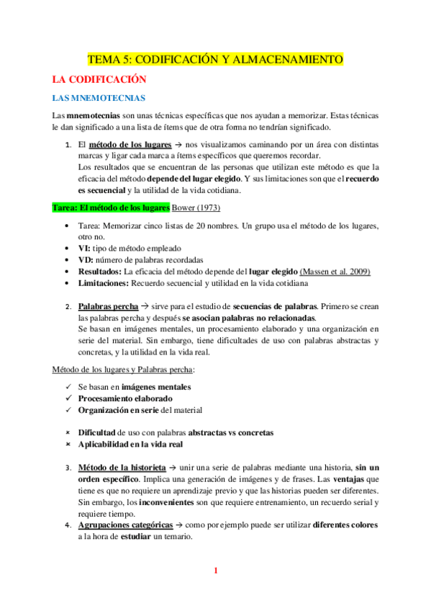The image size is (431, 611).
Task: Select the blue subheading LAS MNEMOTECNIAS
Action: (x=89, y=97)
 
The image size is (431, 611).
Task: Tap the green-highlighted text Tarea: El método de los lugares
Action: (x=111, y=208)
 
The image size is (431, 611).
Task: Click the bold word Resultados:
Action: (x=100, y=271)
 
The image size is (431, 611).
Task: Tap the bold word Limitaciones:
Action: (x=103, y=283)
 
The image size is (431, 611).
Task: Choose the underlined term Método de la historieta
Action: (x=122, y=468)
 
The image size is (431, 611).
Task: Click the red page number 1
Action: (x=215, y=571)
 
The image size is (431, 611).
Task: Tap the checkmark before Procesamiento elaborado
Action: (x=66, y=398)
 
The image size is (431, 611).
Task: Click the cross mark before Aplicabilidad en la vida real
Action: (x=66, y=445)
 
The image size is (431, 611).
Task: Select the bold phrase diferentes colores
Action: (x=345, y=525)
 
